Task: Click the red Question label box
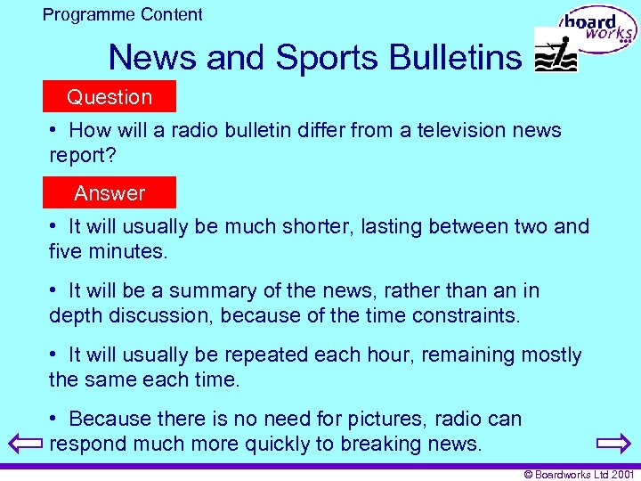110,96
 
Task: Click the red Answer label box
110,192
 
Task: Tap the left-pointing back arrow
20,443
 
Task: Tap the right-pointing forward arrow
613,443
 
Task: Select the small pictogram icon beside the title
555,50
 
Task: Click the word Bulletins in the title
453,58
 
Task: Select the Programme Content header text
123,14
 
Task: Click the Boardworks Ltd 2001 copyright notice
580,475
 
